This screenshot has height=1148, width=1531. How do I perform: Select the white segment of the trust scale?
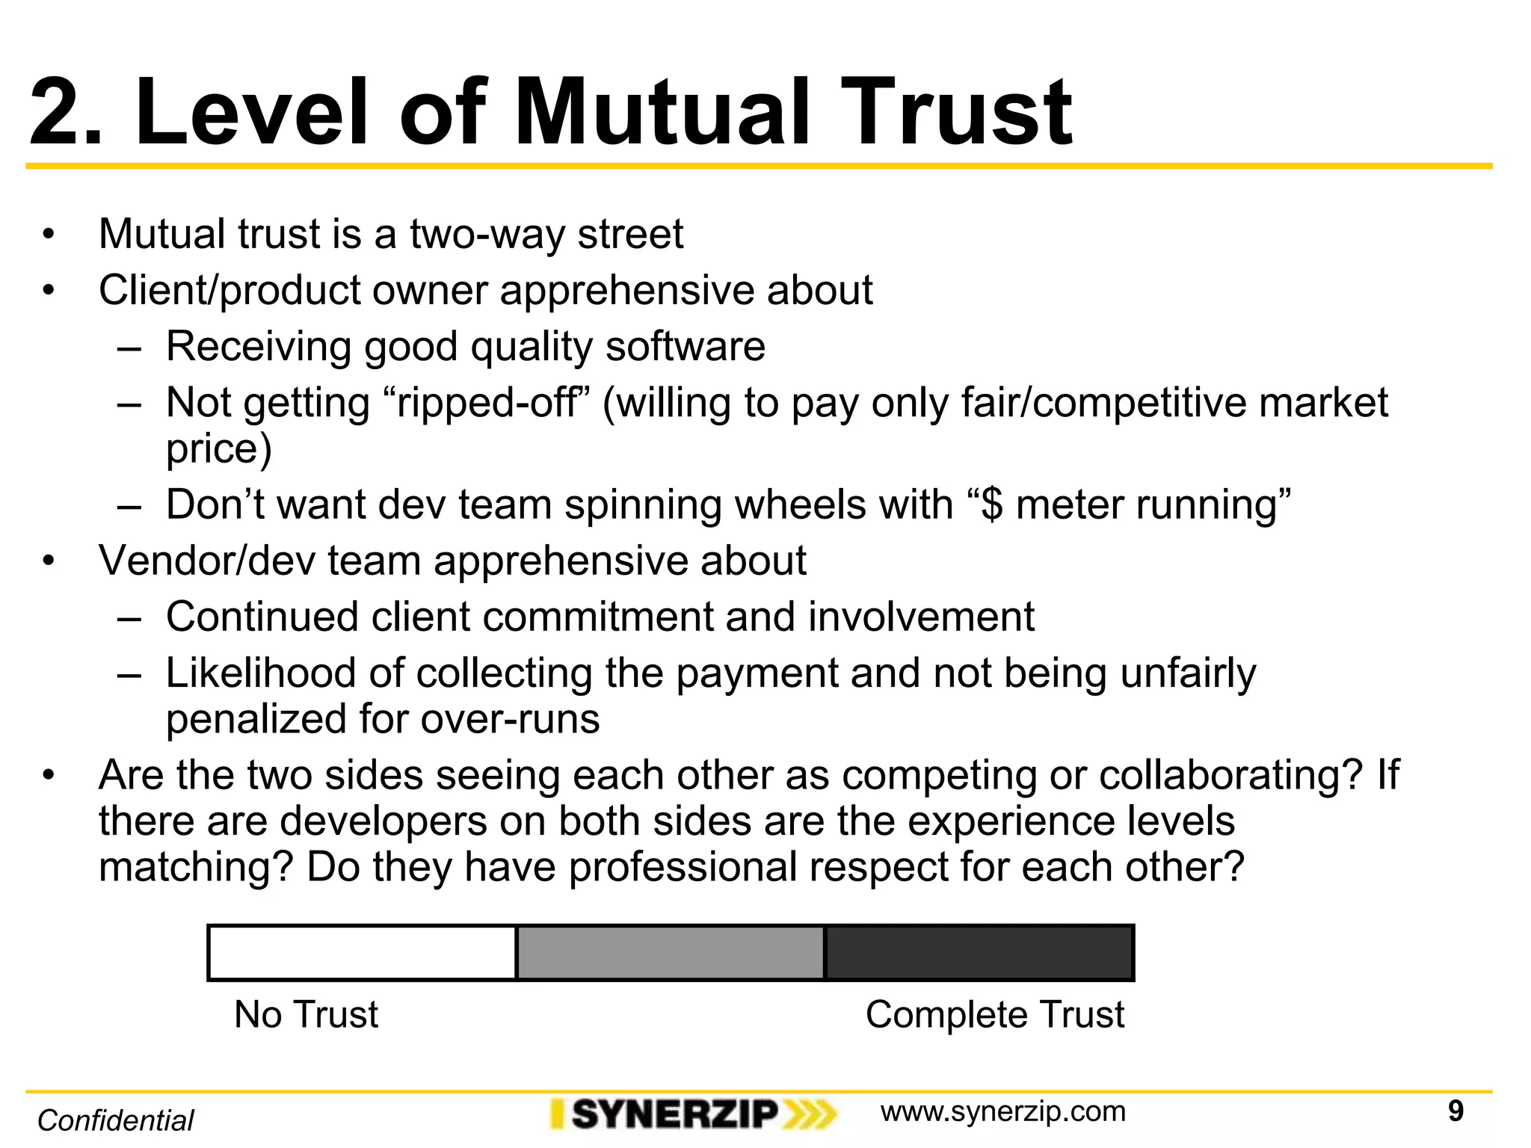coord(363,953)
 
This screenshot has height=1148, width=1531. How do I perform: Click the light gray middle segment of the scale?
coord(671,953)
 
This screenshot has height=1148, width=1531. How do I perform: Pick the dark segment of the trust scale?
coord(979,953)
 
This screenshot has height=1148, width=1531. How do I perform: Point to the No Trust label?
coord(306,1015)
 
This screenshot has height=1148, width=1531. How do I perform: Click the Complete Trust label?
coord(994,1015)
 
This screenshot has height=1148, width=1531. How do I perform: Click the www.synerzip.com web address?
coord(1002,1111)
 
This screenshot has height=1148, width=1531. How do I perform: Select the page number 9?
coord(1455,1111)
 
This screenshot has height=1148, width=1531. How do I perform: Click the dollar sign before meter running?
coord(991,504)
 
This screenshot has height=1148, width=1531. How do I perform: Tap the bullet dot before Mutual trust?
coord(49,235)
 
